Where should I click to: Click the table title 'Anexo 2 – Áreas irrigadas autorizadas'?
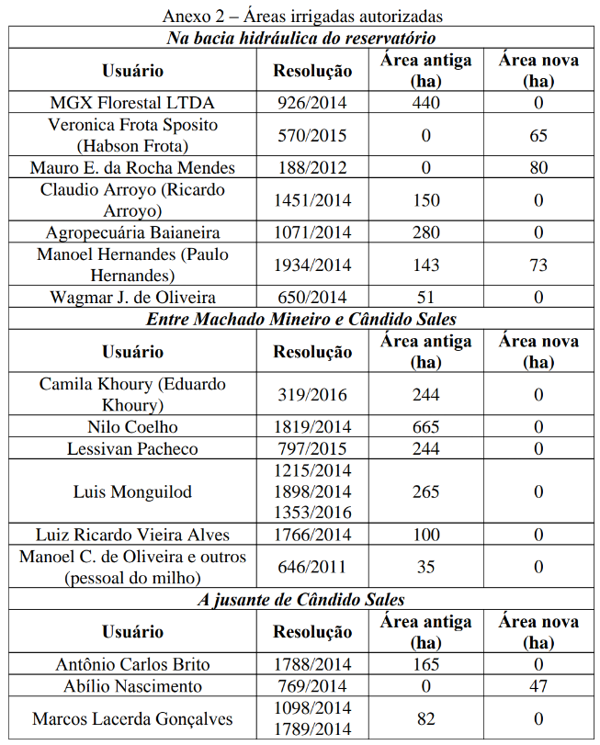point(302,16)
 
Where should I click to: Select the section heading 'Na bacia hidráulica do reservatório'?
point(301,38)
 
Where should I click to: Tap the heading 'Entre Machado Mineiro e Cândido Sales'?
point(301,319)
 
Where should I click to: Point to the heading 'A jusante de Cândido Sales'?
point(301,600)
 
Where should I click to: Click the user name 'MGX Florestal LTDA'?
point(133,103)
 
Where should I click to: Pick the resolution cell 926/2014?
point(312,103)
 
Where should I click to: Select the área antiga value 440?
point(425,103)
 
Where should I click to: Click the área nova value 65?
point(538,135)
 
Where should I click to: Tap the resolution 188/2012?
point(312,167)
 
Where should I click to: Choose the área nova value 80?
point(538,167)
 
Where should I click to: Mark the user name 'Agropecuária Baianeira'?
point(133,232)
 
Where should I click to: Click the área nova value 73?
point(538,265)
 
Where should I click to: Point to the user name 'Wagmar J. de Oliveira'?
point(133,297)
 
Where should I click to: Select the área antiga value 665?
point(425,427)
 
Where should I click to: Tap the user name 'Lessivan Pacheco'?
point(133,449)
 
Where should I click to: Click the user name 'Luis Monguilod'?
point(133,491)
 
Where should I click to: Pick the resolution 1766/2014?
point(312,535)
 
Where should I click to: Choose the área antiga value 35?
point(425,567)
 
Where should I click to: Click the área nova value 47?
point(538,686)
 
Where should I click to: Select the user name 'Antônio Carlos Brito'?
point(133,664)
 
